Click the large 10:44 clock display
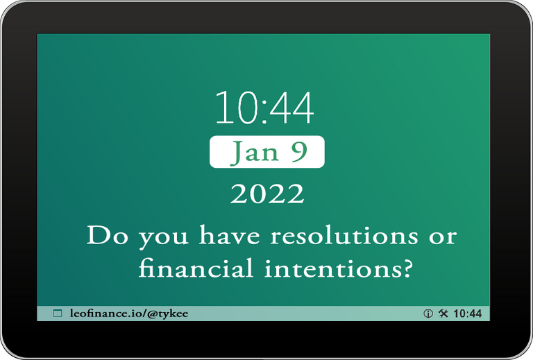(264, 108)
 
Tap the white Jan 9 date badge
(267, 151)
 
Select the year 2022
(267, 194)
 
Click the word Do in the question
(108, 235)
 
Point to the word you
(164, 239)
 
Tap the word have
(230, 234)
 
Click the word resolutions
(344, 234)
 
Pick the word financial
(196, 267)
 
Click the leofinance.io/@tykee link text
(129, 314)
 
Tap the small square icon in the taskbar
(58, 313)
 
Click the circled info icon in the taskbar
(428, 314)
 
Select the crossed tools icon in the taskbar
(443, 313)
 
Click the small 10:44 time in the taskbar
(468, 314)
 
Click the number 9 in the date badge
(299, 152)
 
